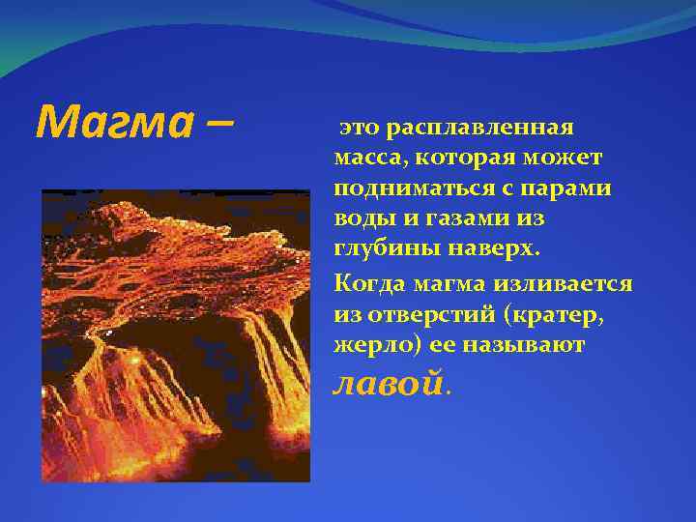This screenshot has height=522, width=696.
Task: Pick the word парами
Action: point(570,188)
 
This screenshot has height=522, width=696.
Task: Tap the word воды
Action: point(360,218)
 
